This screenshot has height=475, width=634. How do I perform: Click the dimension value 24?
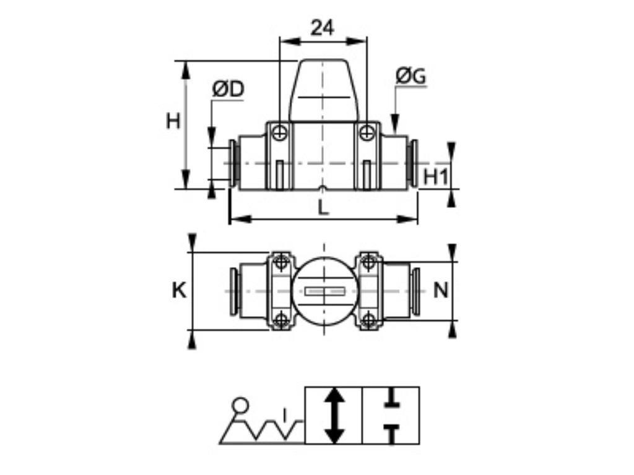tap(322, 28)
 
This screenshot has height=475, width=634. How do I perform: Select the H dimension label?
tap(173, 121)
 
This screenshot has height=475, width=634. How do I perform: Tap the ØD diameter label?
tap(228, 90)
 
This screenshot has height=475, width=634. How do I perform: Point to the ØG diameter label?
tap(410, 76)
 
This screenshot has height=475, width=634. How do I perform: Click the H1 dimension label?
tap(435, 177)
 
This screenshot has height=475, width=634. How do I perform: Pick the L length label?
tap(323, 208)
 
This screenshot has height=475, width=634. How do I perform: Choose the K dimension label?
tap(179, 290)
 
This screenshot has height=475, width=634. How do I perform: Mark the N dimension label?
tap(440, 290)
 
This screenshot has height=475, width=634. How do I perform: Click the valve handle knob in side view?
tap(323, 90)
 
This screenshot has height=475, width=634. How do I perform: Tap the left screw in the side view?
tap(280, 132)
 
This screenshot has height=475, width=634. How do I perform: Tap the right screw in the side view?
tap(367, 132)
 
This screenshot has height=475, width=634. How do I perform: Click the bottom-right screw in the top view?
tap(368, 320)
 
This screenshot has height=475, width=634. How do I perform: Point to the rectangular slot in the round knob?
tap(324, 291)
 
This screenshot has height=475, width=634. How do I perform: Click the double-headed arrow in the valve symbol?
tap(334, 415)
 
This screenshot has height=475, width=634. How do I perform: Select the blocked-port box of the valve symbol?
tap(391, 415)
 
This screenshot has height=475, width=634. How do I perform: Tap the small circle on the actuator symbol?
tap(240, 406)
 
